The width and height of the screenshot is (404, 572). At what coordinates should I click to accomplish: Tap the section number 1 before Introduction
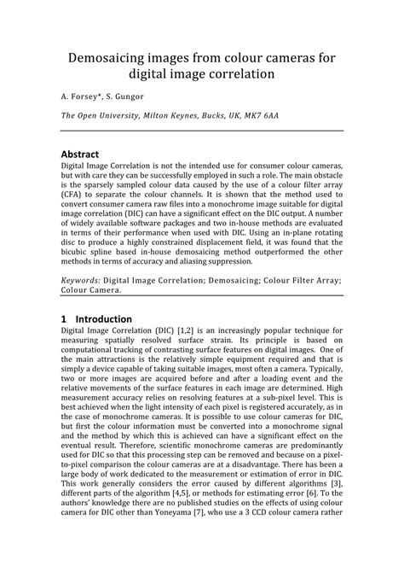pyautogui.click(x=64, y=317)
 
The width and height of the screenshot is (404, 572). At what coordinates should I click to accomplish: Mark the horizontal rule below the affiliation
pyautogui.click(x=202, y=131)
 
